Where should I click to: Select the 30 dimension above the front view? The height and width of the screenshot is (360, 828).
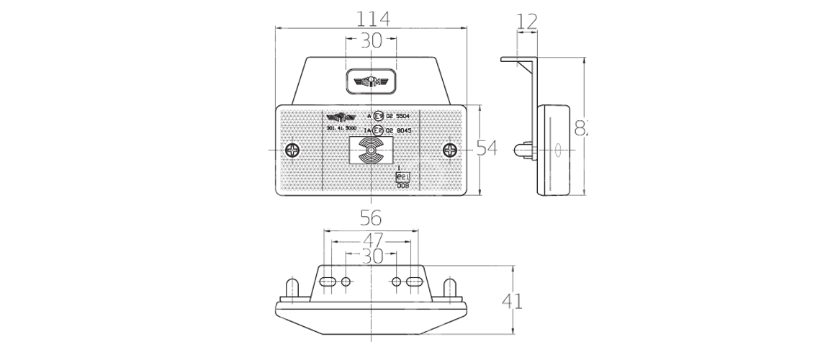pyautogui.click(x=371, y=41)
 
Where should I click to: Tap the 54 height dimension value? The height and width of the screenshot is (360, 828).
pyautogui.click(x=487, y=148)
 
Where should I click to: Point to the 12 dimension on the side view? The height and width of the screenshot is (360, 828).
pyautogui.click(x=527, y=22)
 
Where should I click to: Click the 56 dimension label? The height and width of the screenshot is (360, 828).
pyautogui.click(x=370, y=217)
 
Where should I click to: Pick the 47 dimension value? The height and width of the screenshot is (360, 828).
pyautogui.click(x=372, y=239)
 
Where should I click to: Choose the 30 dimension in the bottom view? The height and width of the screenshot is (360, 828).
pyautogui.click(x=372, y=256)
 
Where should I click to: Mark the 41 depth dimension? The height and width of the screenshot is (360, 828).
pyautogui.click(x=512, y=300)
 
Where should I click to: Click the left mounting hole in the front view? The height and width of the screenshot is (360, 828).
pyautogui.click(x=292, y=151)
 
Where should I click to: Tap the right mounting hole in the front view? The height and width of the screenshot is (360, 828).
pyautogui.click(x=451, y=151)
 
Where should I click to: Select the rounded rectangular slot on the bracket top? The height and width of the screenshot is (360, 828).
pyautogui.click(x=371, y=80)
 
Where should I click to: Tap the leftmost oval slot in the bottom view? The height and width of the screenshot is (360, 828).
pyautogui.click(x=328, y=281)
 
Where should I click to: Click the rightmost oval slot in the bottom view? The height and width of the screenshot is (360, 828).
pyautogui.click(x=414, y=281)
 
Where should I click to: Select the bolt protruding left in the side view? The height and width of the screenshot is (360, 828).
pyautogui.click(x=523, y=151)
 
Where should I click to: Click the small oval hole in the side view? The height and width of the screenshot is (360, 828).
pyautogui.click(x=557, y=150)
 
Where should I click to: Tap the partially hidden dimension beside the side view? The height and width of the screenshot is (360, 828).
pyautogui.click(x=580, y=128)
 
